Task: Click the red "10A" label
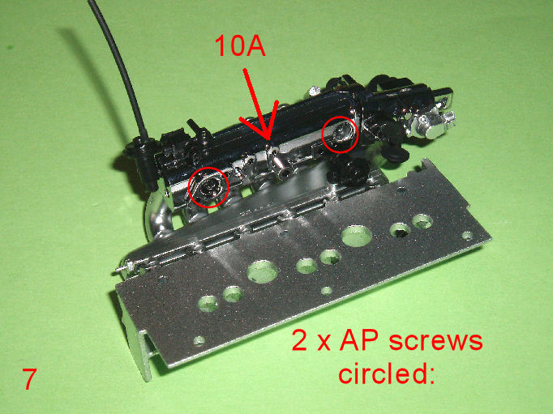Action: pos(241,46)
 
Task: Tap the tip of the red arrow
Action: pos(268,141)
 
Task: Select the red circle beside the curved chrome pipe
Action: pos(208,186)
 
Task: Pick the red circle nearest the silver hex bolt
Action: pos(340,134)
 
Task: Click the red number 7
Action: pos(29,379)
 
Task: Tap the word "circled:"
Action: pos(386,373)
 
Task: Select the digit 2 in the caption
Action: pos(299,341)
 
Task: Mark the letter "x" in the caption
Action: pos(323,344)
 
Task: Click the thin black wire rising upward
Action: pos(120,63)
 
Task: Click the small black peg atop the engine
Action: pos(194,127)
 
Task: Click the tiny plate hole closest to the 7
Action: pos(199,340)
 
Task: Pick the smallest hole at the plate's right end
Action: pos(467,235)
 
